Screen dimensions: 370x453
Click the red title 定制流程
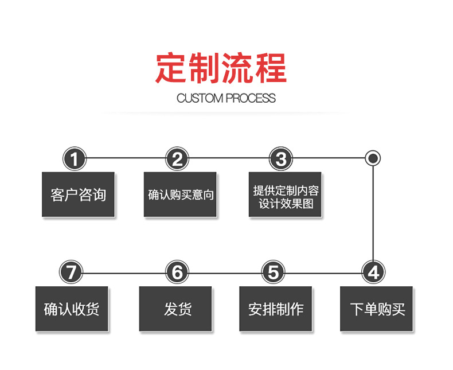pos(221,69)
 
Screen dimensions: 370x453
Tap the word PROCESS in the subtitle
pos(251,98)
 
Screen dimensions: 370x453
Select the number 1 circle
pos(74,158)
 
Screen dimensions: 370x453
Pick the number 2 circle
pos(177,158)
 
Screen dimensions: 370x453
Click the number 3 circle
pos(280,158)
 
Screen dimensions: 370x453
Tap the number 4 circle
pos(373,272)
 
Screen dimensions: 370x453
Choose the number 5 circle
pos(274,272)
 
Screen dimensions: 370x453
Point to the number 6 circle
pos(177,272)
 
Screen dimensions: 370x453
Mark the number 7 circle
pos(71,272)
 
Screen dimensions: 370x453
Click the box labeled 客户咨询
pos(78,194)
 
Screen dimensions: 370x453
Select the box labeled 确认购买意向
pos(180,194)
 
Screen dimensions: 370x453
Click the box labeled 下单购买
pos(376,309)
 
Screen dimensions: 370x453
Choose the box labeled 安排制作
pos(275,309)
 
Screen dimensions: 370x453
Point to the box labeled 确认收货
pos(72,309)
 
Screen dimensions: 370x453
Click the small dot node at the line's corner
pos(373,158)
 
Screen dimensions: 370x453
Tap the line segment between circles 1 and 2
pos(126,158)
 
